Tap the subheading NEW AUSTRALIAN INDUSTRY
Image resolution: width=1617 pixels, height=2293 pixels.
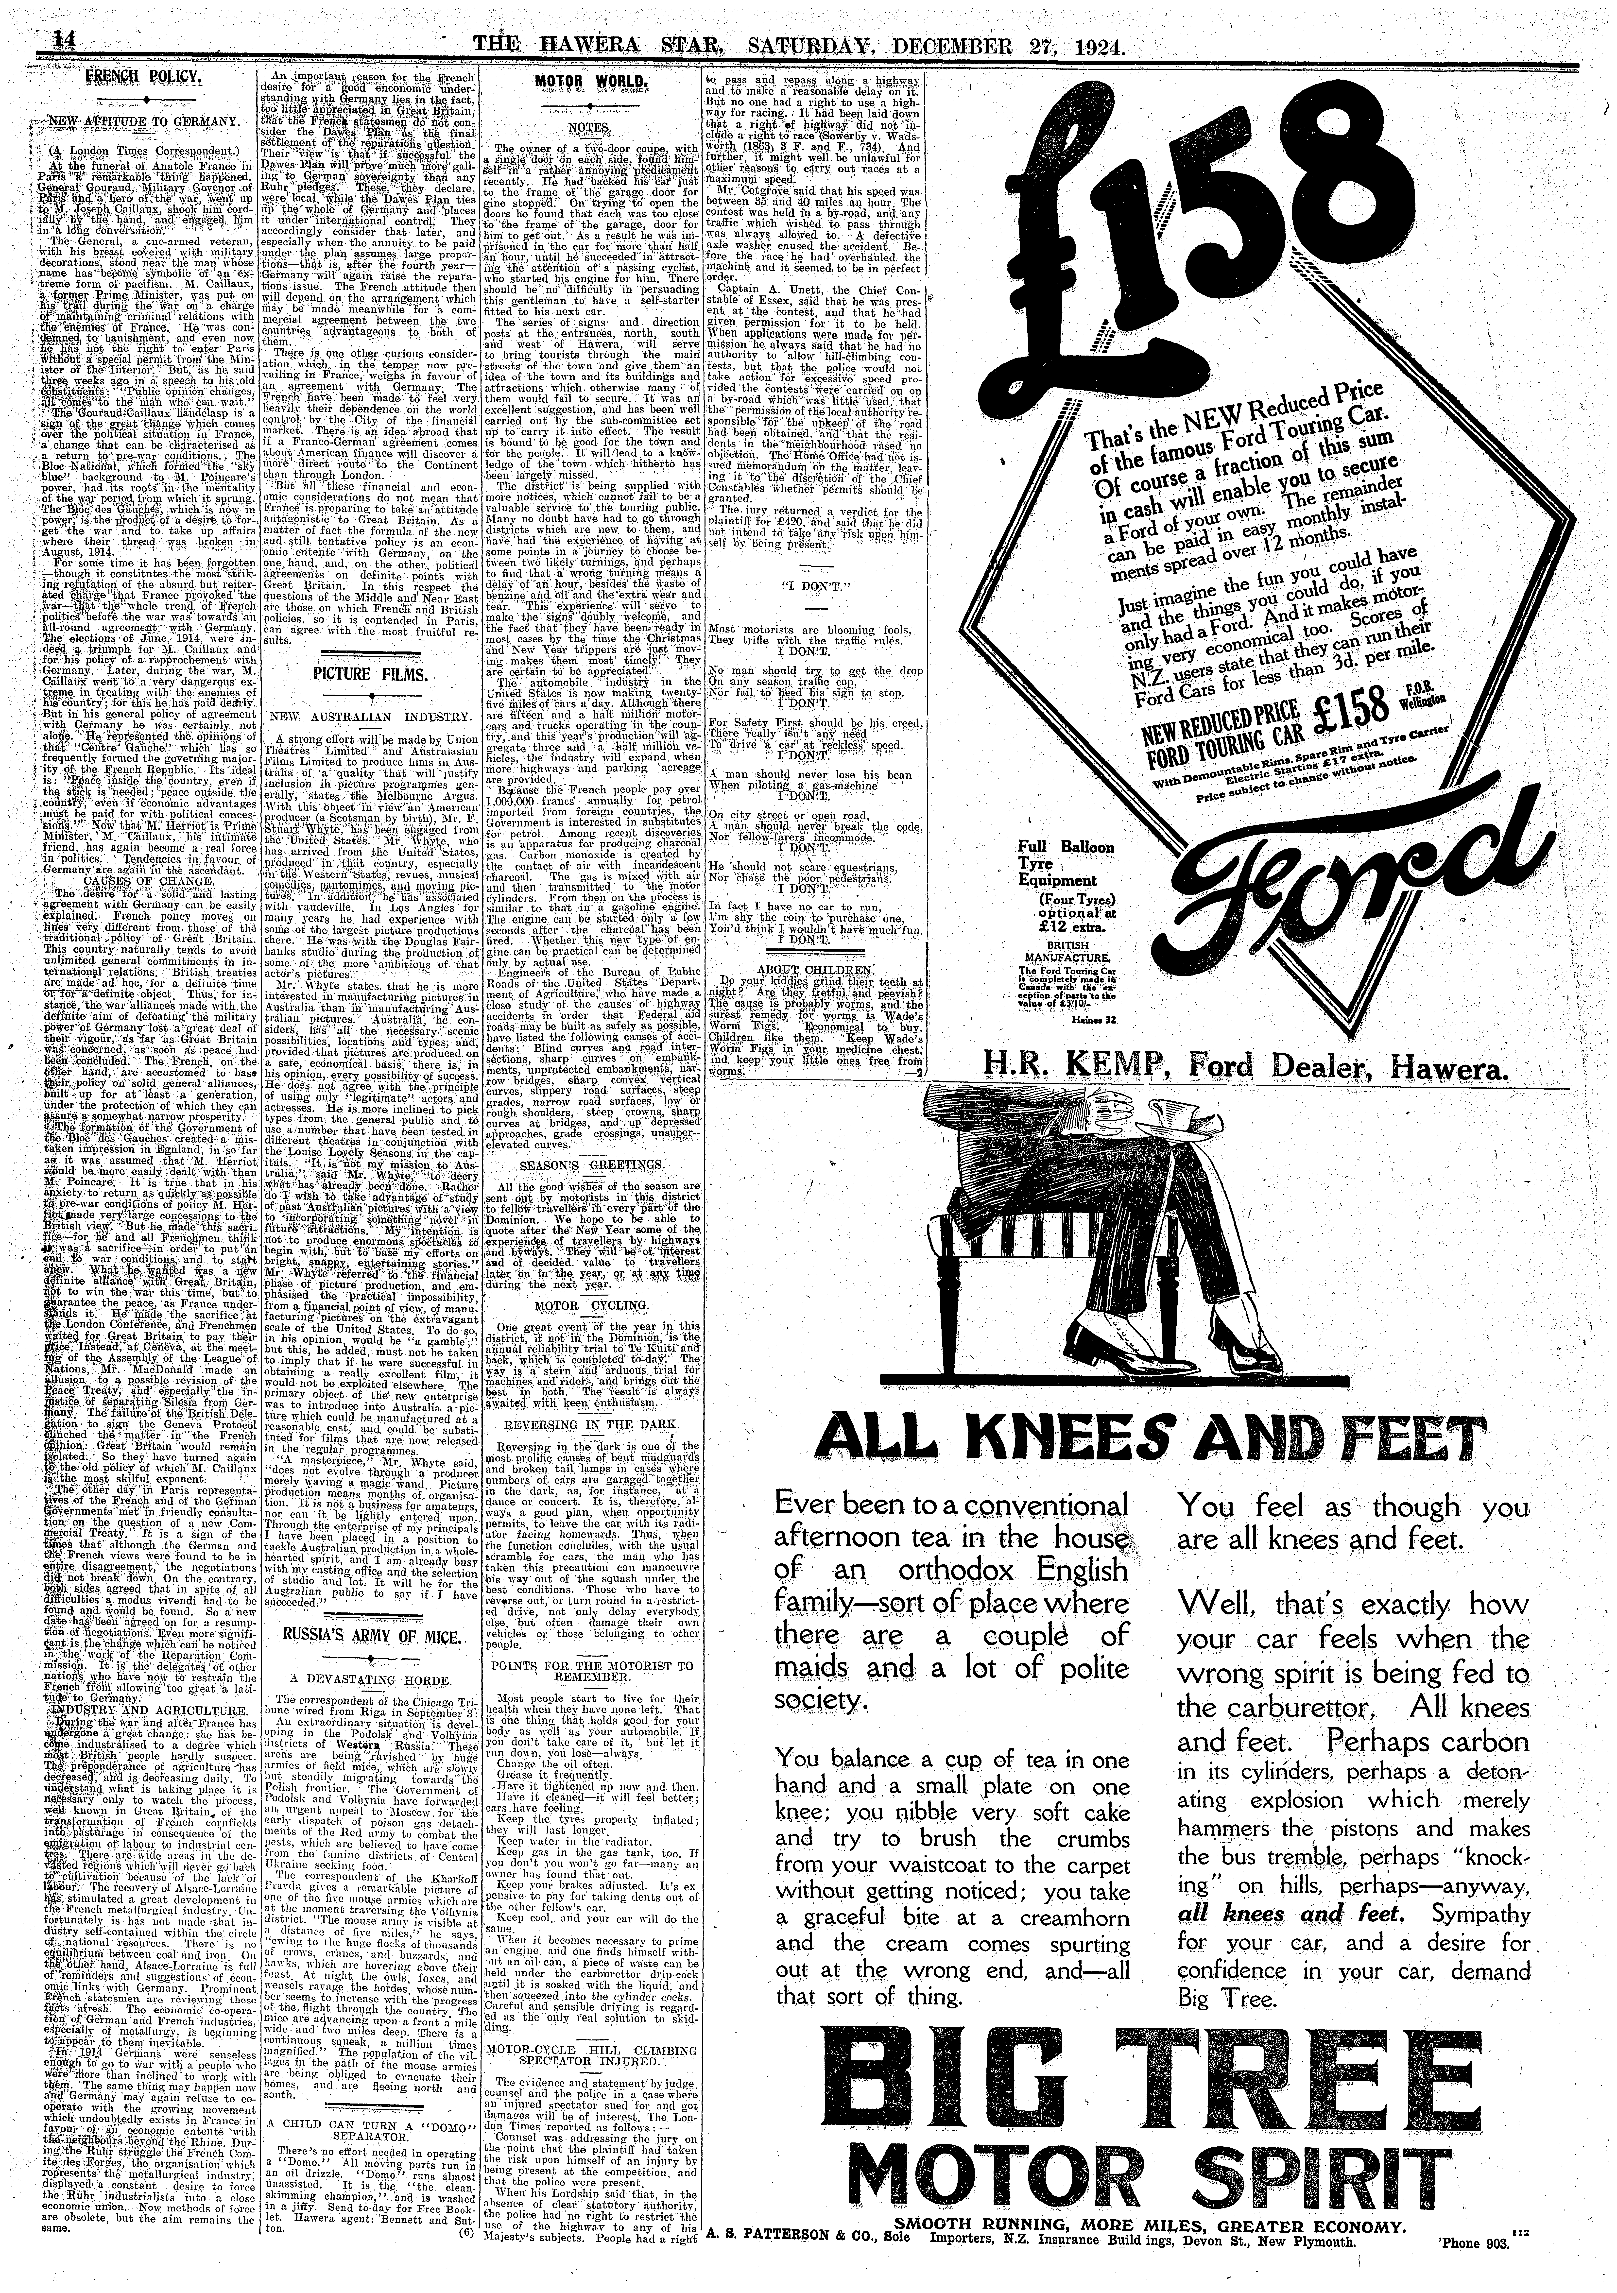[x=356, y=717]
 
